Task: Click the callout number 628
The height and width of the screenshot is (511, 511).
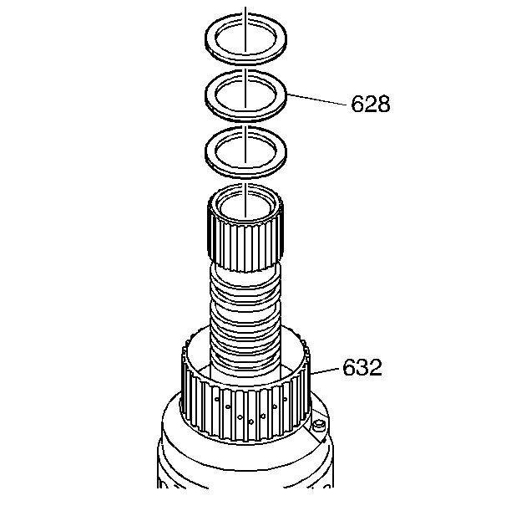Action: (x=370, y=105)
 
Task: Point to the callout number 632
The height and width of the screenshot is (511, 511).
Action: (x=362, y=368)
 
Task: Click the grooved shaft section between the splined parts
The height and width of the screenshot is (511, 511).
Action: (x=245, y=318)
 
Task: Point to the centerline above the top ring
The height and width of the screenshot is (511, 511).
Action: (x=246, y=10)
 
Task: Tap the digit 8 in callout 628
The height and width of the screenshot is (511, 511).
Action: (x=382, y=105)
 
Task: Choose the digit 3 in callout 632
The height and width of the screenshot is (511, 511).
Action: (x=362, y=368)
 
